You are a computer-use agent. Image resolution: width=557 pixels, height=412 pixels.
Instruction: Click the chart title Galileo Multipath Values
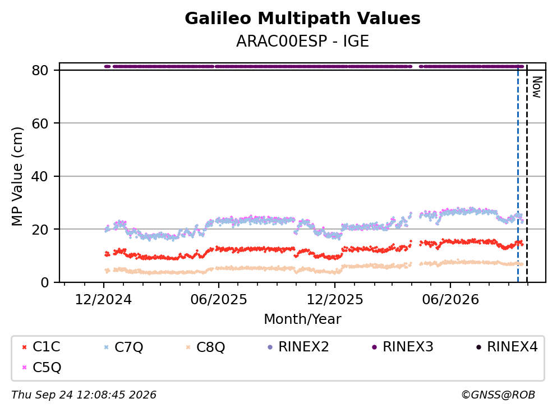(x=302, y=19)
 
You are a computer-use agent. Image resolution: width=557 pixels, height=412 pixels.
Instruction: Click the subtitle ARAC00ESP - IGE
(x=302, y=41)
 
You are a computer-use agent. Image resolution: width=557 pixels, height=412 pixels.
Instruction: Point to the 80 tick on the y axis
(x=40, y=70)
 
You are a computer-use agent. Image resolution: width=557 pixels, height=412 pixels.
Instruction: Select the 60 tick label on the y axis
(x=40, y=123)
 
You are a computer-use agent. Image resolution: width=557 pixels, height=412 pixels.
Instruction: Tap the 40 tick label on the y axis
(x=40, y=176)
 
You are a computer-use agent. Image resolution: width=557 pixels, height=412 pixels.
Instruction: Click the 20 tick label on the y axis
(x=40, y=229)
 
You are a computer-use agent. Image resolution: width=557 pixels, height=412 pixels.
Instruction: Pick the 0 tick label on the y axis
(x=44, y=282)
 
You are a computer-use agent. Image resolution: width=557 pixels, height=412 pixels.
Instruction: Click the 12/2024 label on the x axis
(x=103, y=300)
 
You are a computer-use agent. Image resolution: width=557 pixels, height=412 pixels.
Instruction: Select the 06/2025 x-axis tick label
(x=218, y=300)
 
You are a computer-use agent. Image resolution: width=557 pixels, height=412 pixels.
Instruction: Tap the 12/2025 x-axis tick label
(x=335, y=300)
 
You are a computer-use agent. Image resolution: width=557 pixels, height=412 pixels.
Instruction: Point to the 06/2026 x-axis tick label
(x=450, y=300)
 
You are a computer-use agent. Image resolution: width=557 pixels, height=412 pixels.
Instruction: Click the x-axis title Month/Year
(x=302, y=319)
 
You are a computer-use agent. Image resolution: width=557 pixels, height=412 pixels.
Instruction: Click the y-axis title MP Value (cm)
(x=17, y=176)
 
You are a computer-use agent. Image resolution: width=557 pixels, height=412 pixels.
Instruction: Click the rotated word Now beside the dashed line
(x=537, y=87)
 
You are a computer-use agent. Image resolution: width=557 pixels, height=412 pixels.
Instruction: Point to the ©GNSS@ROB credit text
(x=498, y=395)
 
